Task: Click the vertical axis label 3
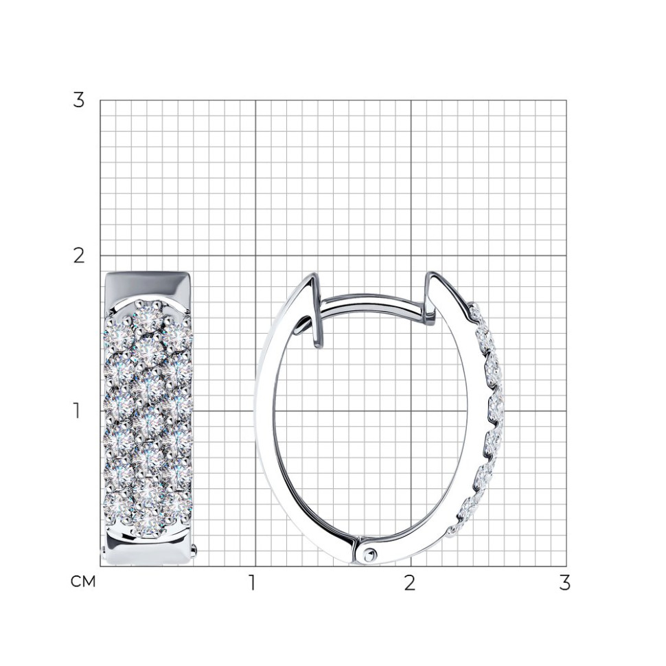[x=78, y=100]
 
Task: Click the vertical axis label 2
[x=79, y=255]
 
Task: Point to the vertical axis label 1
[x=76, y=411]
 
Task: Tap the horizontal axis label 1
[x=252, y=583]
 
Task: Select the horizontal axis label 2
[x=409, y=583]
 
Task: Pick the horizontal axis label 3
[x=564, y=583]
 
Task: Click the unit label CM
[x=83, y=582]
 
